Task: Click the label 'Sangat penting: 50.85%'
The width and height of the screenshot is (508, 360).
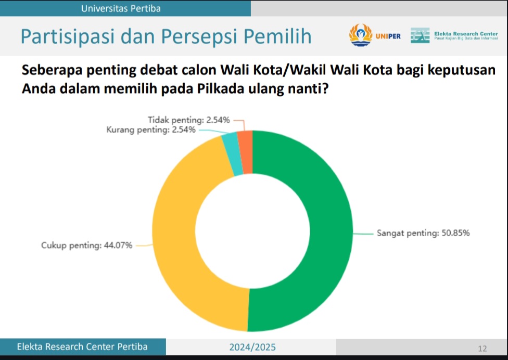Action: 423,233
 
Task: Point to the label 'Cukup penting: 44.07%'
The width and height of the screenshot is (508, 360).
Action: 86,246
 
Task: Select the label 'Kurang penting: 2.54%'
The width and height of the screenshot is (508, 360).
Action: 151,130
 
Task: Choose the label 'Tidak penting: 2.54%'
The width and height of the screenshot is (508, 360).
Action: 189,120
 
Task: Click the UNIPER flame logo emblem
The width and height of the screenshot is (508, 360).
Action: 361,35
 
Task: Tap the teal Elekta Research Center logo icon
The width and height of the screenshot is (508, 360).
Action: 420,35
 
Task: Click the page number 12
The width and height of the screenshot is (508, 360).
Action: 482,349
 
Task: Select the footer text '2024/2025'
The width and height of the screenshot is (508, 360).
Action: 252,347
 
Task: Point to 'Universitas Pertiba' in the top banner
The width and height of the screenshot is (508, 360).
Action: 121,8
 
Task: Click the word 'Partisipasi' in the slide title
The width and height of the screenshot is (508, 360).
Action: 68,36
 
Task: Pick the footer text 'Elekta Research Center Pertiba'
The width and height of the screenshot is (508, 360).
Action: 82,346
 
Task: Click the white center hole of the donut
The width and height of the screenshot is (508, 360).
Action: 252,231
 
